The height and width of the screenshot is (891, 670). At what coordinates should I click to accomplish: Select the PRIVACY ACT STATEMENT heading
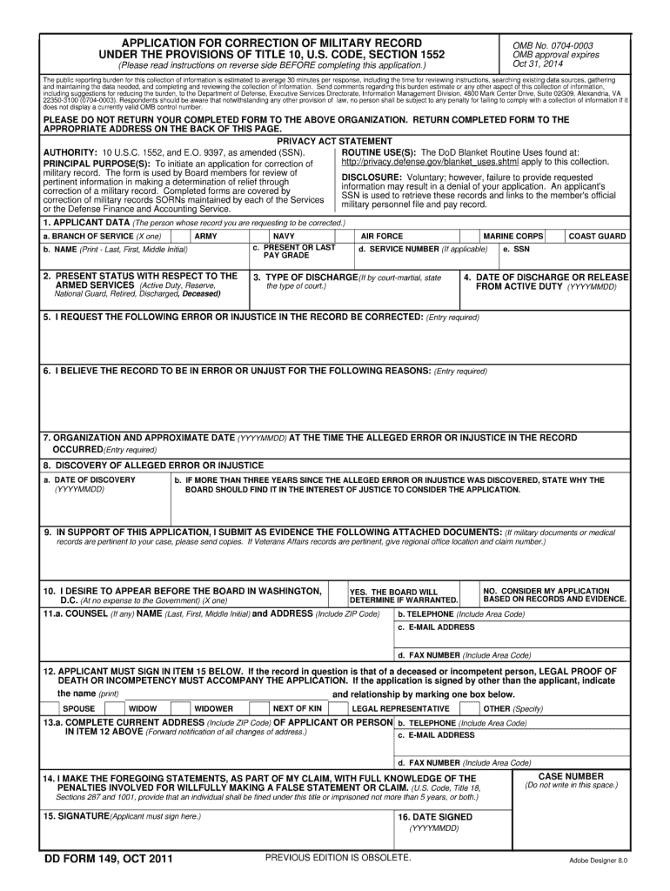click(334, 141)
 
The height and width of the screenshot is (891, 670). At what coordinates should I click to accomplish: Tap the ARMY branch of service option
click(206, 236)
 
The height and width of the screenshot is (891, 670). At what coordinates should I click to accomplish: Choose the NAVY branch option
click(284, 236)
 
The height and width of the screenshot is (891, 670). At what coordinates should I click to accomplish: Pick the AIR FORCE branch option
click(382, 236)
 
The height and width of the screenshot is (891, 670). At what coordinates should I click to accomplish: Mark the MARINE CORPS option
click(513, 236)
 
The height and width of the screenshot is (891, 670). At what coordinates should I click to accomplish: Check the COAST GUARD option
click(597, 236)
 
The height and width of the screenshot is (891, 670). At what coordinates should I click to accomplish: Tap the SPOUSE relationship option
click(79, 708)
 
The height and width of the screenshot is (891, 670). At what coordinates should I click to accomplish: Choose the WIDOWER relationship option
click(213, 708)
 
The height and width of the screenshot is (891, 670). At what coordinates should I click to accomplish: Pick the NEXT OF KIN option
click(297, 708)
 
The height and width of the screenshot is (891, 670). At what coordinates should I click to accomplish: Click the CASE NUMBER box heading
click(571, 775)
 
